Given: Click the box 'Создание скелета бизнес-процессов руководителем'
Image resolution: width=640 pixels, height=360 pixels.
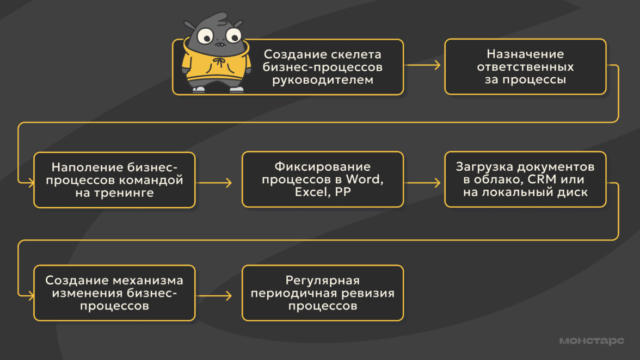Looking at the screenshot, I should pyautogui.click(x=322, y=67).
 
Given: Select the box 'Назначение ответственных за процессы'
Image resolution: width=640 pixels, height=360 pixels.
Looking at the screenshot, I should pyautogui.click(x=525, y=67).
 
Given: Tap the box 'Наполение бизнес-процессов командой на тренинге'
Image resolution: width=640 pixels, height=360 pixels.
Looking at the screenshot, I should pyautogui.click(x=114, y=179).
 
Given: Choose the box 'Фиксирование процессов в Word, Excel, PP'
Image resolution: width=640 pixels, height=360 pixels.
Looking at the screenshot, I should pyautogui.click(x=323, y=179).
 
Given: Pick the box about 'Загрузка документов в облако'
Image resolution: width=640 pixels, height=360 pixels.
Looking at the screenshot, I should pyautogui.click(x=525, y=179).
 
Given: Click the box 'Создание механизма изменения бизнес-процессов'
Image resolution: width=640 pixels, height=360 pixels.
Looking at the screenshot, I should pyautogui.click(x=114, y=293).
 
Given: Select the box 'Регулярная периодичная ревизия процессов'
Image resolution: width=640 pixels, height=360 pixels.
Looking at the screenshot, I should pyautogui.click(x=323, y=293).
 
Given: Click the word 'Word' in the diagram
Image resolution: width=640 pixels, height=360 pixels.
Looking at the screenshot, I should pyautogui.click(x=368, y=180).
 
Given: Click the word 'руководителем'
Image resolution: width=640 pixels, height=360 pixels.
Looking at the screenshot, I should pyautogui.click(x=322, y=80).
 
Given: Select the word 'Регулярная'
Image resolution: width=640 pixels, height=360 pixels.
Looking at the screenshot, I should pyautogui.click(x=323, y=280).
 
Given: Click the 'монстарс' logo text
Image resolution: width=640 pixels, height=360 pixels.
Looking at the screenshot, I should pyautogui.click(x=592, y=341).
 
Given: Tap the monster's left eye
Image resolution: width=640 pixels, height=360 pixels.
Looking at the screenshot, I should pyautogui.click(x=206, y=36).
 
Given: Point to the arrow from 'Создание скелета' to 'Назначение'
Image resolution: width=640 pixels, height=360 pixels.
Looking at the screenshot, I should pyautogui.click(x=424, y=66).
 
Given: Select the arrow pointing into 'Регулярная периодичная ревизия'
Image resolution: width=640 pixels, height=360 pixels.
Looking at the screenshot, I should pyautogui.click(x=218, y=296).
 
